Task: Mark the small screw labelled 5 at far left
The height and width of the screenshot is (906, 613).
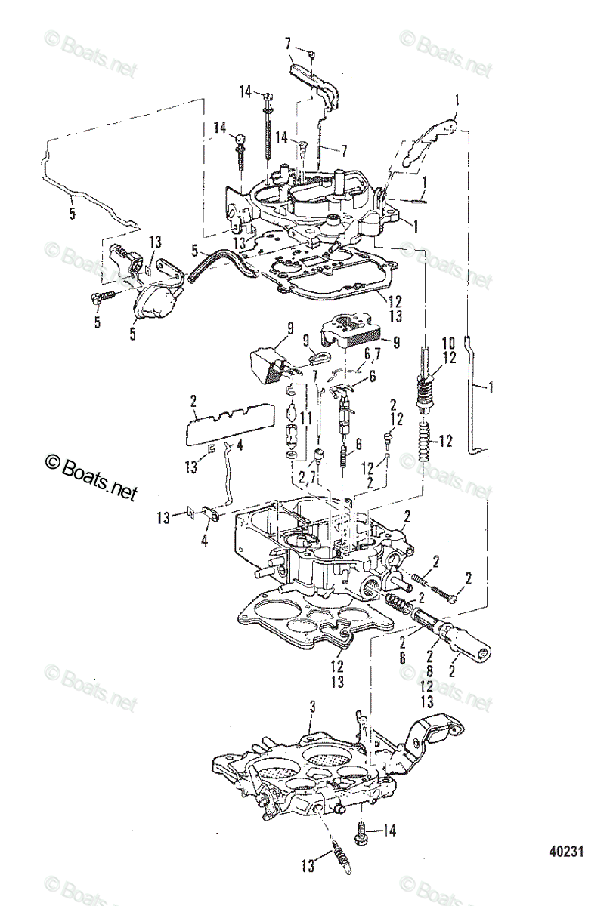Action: (99, 298)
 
